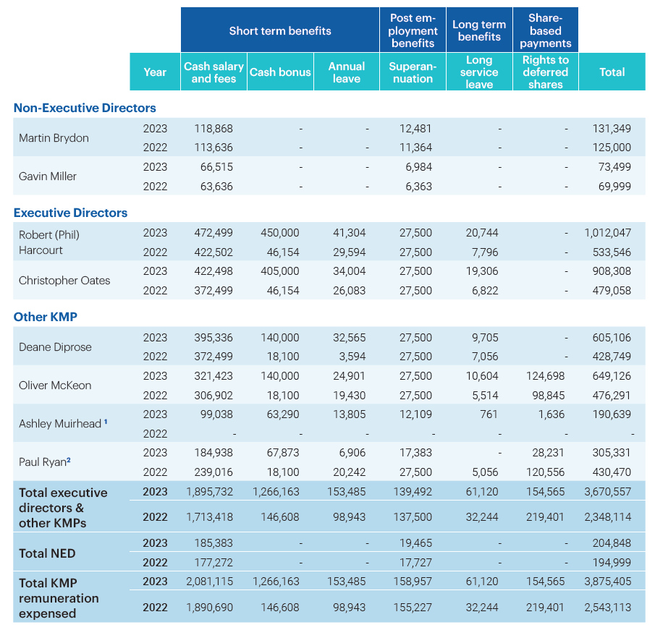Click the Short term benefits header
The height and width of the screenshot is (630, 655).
[280, 30]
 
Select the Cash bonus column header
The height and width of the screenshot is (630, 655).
[280, 72]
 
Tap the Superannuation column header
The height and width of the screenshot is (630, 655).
[413, 72]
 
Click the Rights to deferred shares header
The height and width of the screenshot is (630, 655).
[545, 72]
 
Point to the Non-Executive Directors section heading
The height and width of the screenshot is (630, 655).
[85, 108]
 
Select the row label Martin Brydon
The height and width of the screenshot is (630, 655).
[54, 137]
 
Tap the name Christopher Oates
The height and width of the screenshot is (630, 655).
[64, 280]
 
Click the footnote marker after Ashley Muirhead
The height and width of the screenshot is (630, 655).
[106, 422]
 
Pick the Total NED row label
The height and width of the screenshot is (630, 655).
[47, 553]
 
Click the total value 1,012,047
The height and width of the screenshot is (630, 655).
[607, 233]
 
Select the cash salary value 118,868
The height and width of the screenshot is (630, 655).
[214, 128]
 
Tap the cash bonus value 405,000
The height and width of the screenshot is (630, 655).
[279, 271]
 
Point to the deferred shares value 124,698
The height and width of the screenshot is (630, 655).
[546, 376]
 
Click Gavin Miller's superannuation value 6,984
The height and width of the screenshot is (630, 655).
[415, 167]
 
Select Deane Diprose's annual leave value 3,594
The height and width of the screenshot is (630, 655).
[350, 357]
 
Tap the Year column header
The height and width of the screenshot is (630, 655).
[155, 72]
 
